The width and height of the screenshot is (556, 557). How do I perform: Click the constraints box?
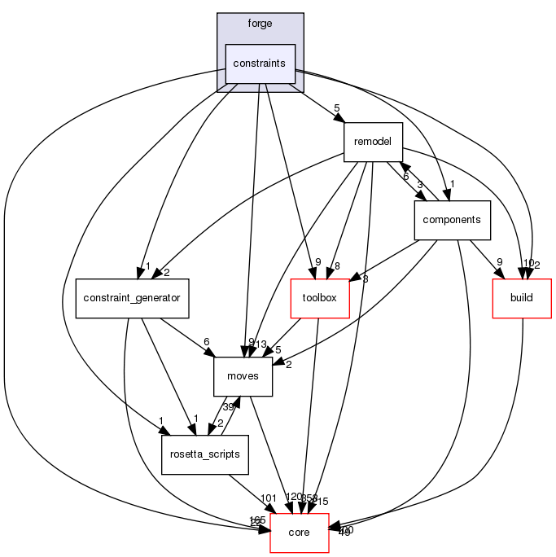(x=260, y=64)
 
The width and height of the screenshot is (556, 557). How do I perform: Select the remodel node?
(x=373, y=142)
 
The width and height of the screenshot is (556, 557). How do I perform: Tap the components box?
(x=452, y=220)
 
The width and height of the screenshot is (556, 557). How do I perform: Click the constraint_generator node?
(x=132, y=298)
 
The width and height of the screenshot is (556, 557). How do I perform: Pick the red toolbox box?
(x=320, y=298)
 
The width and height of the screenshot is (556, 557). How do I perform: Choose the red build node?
(x=521, y=298)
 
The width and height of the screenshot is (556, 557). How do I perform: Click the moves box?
(x=243, y=376)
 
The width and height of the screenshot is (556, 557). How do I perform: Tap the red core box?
(x=299, y=533)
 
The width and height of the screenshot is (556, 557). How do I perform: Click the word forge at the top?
(x=260, y=24)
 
